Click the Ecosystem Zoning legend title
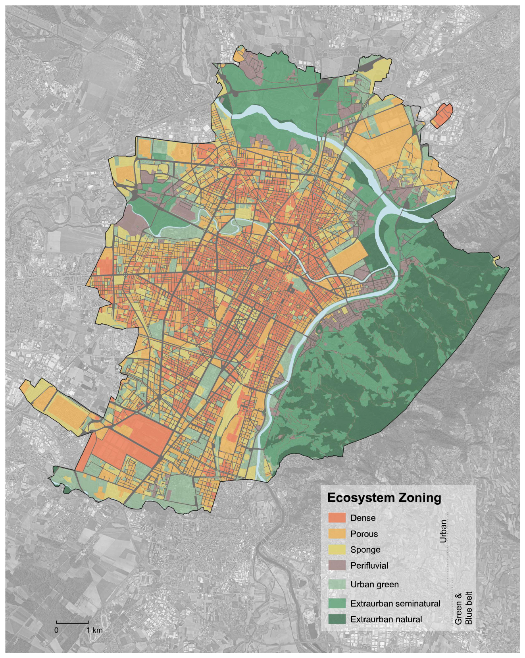[x=384, y=498]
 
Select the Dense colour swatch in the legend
[x=337, y=517]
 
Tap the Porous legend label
[x=364, y=534]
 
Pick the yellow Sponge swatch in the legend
[x=337, y=550]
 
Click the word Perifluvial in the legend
[x=369, y=565]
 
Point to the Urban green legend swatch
[x=337, y=584]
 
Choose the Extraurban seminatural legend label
[x=395, y=604]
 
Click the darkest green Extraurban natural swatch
[x=337, y=619]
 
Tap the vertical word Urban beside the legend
[x=443, y=531]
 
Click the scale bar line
[x=72, y=622]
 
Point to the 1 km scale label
[x=94, y=630]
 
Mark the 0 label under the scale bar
[x=56, y=630]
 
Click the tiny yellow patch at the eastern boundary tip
[x=495, y=262]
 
